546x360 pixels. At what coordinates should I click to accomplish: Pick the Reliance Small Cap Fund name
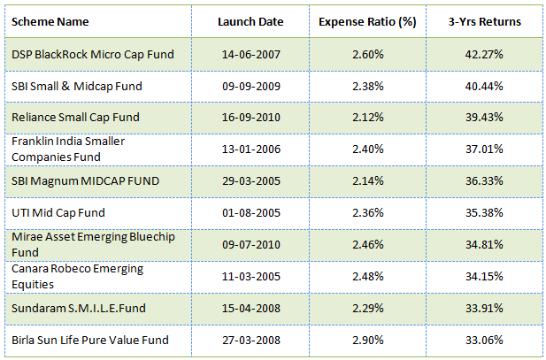pyautogui.click(x=75, y=118)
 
